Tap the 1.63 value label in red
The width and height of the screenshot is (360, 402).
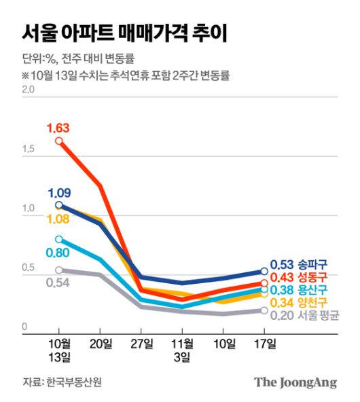[x=58, y=128]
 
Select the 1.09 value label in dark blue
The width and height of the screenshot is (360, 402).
[x=59, y=192]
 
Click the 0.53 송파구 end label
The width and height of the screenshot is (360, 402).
[x=299, y=265]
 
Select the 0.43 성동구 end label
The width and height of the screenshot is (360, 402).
[x=299, y=277]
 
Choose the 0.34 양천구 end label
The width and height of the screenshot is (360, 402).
[x=299, y=302]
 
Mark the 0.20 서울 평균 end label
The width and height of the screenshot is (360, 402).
[x=303, y=315]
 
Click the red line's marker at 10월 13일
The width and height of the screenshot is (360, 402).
[x=59, y=141]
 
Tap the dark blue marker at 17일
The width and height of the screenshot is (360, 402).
[x=264, y=272]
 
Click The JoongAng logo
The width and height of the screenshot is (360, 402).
[x=295, y=382]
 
